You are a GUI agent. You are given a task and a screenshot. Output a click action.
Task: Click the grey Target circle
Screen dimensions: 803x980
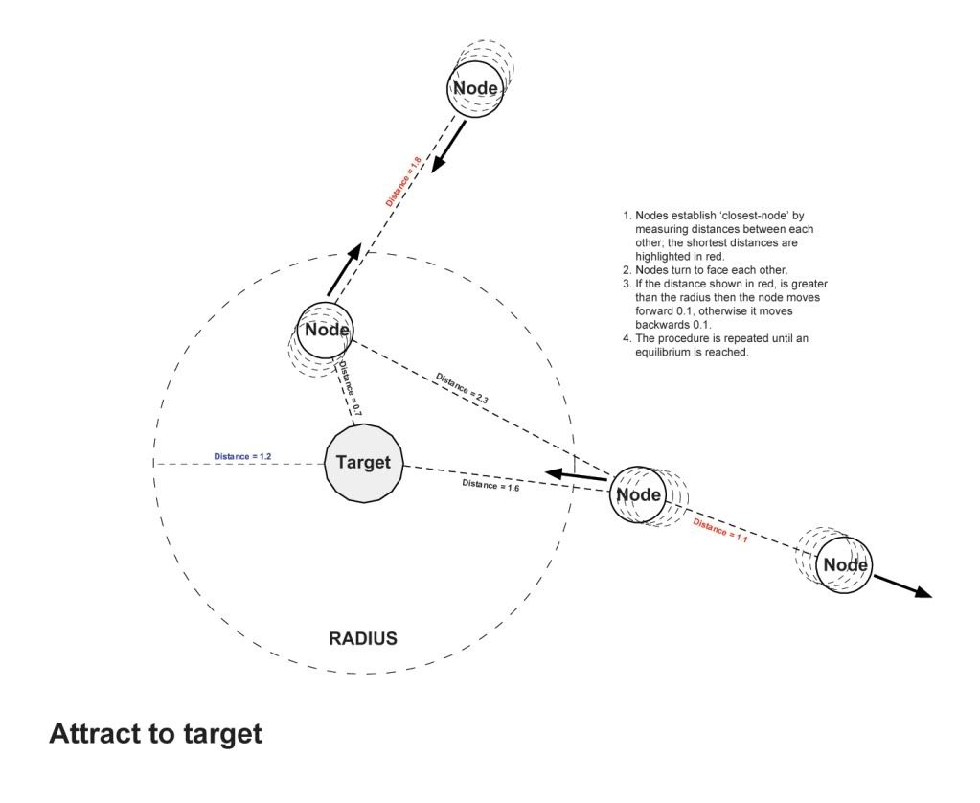(x=364, y=463)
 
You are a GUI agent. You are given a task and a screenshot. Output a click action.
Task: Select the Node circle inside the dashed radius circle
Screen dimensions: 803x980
(x=327, y=331)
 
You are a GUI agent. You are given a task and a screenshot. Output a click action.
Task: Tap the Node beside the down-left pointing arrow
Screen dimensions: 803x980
(x=475, y=89)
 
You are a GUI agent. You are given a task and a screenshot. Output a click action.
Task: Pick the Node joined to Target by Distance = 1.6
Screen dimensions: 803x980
(x=638, y=494)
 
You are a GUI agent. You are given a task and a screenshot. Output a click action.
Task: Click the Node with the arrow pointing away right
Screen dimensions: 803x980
(x=846, y=564)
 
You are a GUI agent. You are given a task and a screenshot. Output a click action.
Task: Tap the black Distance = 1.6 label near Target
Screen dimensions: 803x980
(x=490, y=485)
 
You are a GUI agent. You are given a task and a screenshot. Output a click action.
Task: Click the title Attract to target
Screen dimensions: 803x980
(x=155, y=735)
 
